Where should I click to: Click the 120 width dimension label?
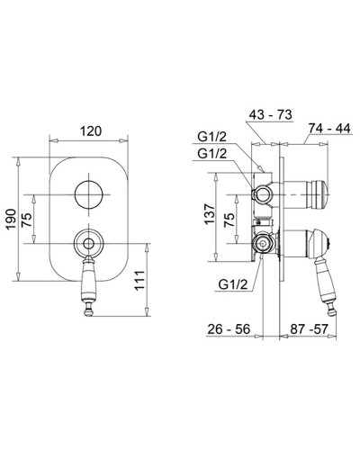pyautogui.click(x=91, y=131)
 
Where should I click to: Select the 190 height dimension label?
pyautogui.click(x=12, y=220)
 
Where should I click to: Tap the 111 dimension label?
pyautogui.click(x=139, y=281)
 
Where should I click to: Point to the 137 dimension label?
pyautogui.click(x=210, y=214)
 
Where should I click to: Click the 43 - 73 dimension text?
pyautogui.click(x=270, y=114)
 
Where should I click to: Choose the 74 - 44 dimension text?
pyautogui.click(x=329, y=129)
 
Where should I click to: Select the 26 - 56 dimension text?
pyautogui.click(x=229, y=329)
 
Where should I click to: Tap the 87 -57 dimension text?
pyautogui.click(x=309, y=329)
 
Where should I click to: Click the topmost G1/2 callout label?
pyautogui.click(x=212, y=137)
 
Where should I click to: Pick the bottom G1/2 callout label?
pyautogui.click(x=233, y=284)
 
